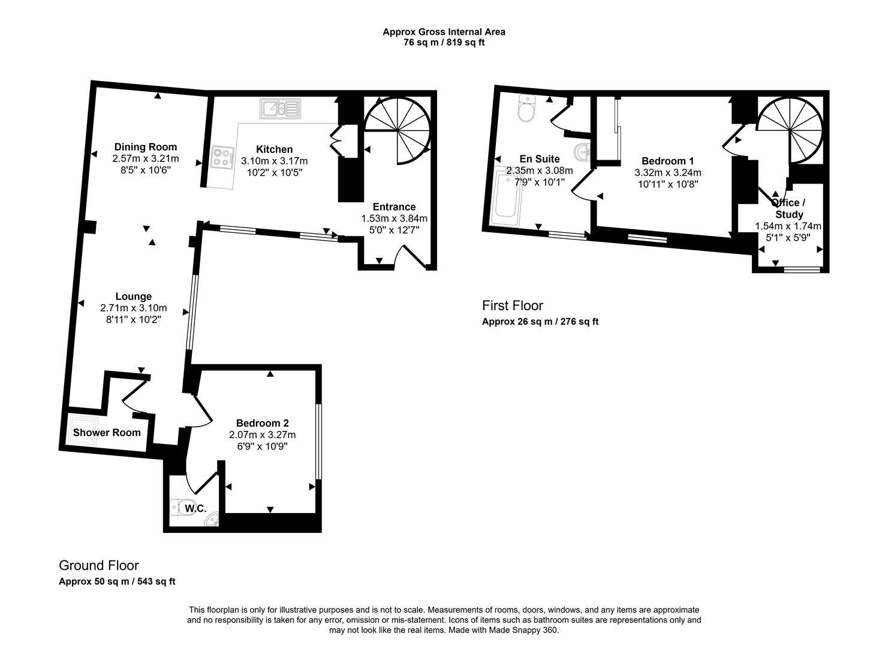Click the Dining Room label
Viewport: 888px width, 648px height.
(146, 147)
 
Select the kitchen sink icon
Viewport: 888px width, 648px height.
(279, 109)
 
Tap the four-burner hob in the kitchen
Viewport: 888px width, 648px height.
(222, 157)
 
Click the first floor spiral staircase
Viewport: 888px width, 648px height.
(790, 131)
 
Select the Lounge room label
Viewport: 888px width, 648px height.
(134, 296)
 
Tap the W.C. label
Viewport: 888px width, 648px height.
(195, 509)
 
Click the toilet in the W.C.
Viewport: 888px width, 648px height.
(180, 508)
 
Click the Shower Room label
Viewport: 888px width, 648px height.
(107, 433)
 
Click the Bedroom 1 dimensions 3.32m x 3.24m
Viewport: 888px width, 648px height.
(667, 173)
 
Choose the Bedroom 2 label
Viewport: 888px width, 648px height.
(262, 423)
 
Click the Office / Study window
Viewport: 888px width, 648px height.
(802, 270)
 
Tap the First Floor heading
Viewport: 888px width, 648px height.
(513, 306)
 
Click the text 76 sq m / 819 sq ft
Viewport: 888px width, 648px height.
(444, 43)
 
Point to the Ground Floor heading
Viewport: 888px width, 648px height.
(99, 566)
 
